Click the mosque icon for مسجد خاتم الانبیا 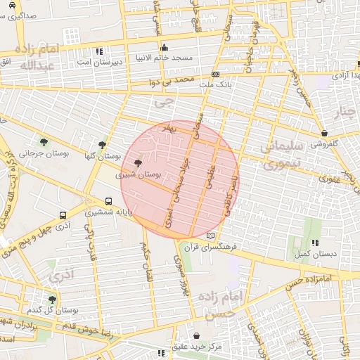coord(165,49)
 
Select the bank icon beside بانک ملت coord(215,73)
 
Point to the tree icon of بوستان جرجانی coord(44,142)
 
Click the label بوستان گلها coord(103,156)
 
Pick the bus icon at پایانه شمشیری coord(108,201)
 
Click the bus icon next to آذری coord(63,216)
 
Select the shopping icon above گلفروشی coord(323,133)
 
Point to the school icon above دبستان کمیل coord(314,243)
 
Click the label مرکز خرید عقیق coord(195,347)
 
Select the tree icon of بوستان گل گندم coord(51,300)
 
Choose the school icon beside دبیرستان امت coord(99,51)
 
